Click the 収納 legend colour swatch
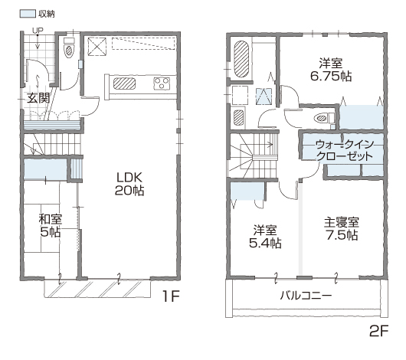point(28,14)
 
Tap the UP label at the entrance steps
point(38,31)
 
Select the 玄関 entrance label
point(38,98)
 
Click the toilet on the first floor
point(69,48)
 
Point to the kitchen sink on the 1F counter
point(125,83)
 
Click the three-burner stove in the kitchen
point(162,83)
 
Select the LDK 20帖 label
point(129,184)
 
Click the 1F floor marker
point(171,296)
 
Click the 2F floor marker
point(379,331)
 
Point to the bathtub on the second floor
point(241,59)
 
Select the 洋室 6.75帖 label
point(331,70)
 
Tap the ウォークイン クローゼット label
point(345,150)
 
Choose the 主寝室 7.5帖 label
point(342,229)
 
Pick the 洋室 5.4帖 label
point(265,237)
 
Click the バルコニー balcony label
point(306,296)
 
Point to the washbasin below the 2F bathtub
point(239,117)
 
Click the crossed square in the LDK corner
point(97,47)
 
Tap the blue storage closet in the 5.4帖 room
point(247,191)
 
